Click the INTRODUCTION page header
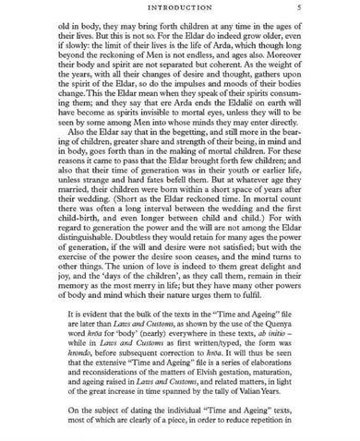(x=180, y=8)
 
